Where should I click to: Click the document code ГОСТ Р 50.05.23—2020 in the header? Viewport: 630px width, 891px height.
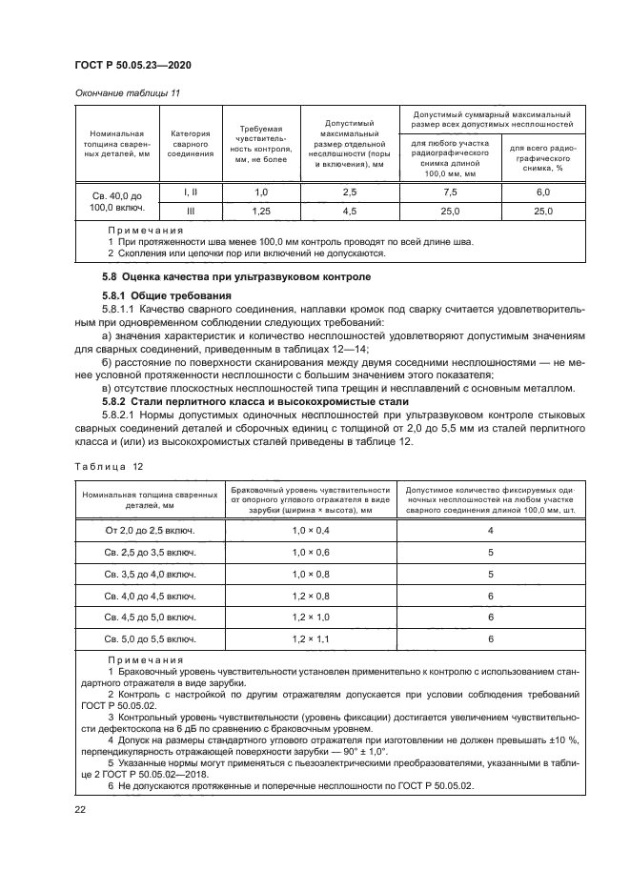(x=140, y=64)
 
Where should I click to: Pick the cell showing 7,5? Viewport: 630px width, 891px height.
(x=449, y=193)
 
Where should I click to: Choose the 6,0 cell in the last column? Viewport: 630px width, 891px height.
(x=543, y=193)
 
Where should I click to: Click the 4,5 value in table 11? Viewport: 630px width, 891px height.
(x=348, y=212)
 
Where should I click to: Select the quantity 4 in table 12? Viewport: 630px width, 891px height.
(x=489, y=530)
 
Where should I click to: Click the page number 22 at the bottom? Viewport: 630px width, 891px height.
(x=80, y=810)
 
